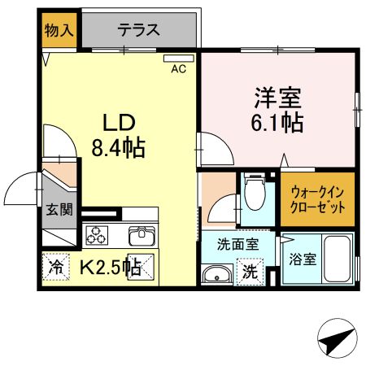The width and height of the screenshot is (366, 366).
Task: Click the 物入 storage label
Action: (59, 31)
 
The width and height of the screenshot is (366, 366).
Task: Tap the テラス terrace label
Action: (138, 31)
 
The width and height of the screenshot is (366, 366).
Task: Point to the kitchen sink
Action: (141, 236)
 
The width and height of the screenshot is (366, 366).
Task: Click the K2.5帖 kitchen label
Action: (110, 267)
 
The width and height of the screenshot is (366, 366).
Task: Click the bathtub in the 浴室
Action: (337, 258)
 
